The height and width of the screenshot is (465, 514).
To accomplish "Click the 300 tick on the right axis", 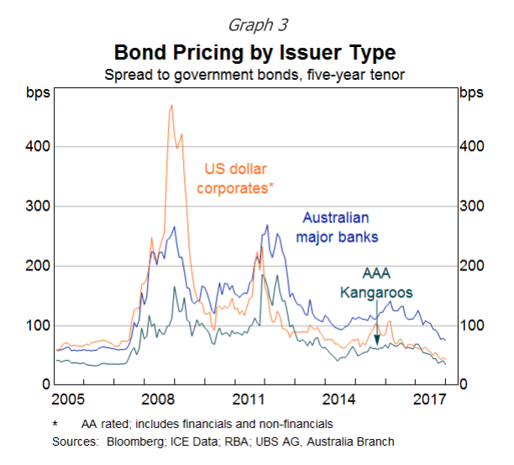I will point(472,206).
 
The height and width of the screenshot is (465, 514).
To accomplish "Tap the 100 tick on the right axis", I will point(472,325).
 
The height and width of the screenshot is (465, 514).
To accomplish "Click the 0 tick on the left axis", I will point(47,384).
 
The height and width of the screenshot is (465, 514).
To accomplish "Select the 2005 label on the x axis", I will point(68,398).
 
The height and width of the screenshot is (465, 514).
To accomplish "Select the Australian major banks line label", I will point(337,227).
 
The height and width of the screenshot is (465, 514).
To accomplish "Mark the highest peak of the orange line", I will point(171,106).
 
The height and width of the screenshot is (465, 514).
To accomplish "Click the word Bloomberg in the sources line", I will point(123,441).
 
